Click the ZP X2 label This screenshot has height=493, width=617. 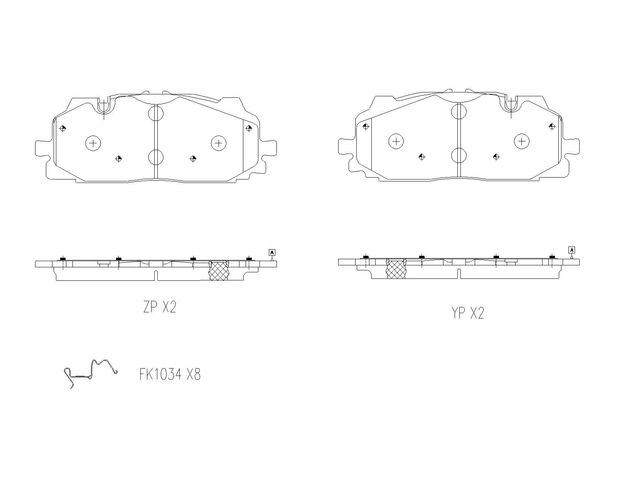pyautogui.click(x=160, y=307)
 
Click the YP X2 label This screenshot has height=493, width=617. pyautogui.click(x=468, y=313)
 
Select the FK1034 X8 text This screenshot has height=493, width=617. pyautogui.click(x=170, y=374)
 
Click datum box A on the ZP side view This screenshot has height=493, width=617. pyautogui.click(x=272, y=252)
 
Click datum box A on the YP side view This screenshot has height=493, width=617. pyautogui.click(x=572, y=250)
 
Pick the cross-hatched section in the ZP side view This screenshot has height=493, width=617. pyautogui.click(x=219, y=270)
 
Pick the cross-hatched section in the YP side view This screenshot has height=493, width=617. pyautogui.click(x=396, y=268)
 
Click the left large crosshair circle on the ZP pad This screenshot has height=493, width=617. pyautogui.click(x=93, y=143)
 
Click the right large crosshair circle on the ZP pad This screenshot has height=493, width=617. pyautogui.click(x=219, y=143)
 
